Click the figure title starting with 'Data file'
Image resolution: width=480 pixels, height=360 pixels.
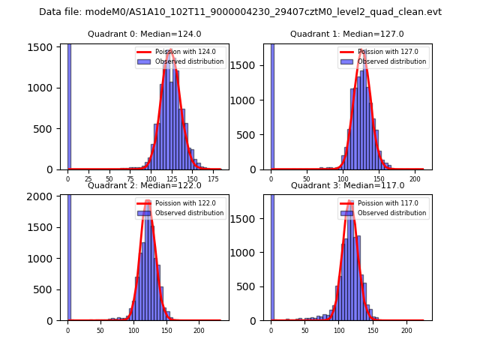click(x=240, y=12)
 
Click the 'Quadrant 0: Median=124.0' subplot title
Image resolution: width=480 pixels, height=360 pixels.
click(x=145, y=34)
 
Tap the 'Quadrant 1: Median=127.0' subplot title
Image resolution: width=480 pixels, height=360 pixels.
click(x=347, y=34)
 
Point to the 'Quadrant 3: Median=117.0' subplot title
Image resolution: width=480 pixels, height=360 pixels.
click(x=347, y=185)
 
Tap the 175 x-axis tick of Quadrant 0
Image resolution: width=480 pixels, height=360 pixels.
click(x=214, y=179)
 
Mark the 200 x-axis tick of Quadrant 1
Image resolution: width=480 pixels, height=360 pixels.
click(x=415, y=179)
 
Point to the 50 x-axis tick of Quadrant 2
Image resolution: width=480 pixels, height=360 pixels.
click(x=100, y=330)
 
